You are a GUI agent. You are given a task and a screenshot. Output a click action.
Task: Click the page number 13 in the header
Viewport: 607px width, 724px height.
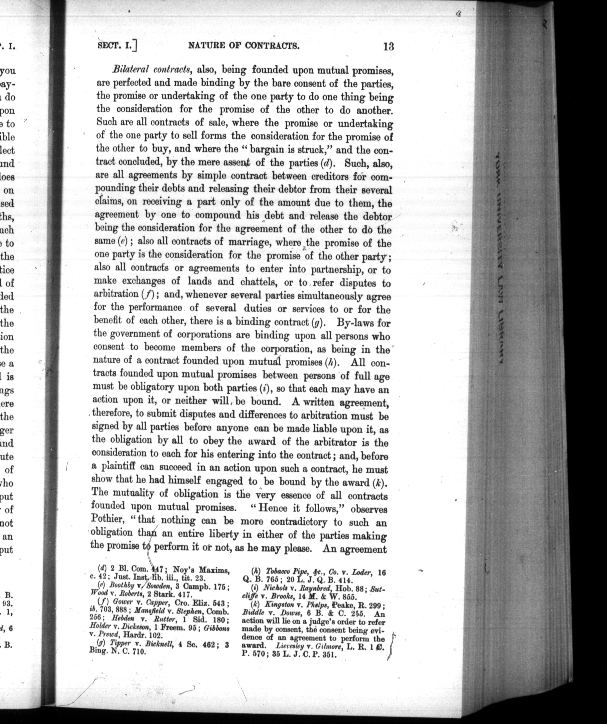tap(388, 46)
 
